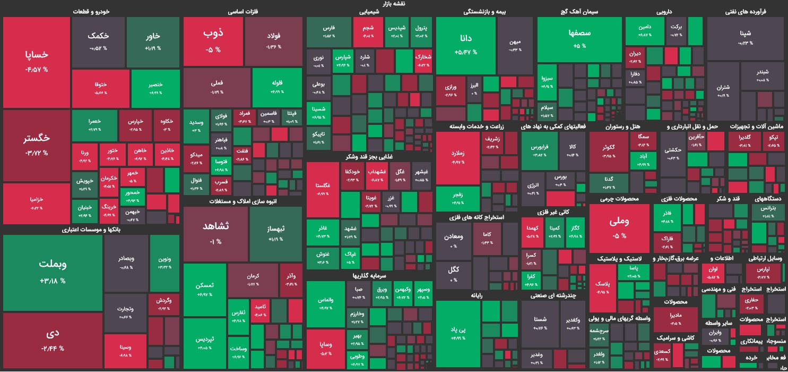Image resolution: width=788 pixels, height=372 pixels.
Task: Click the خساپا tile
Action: click(x=37, y=61)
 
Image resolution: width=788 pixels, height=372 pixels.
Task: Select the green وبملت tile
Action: click(x=53, y=272)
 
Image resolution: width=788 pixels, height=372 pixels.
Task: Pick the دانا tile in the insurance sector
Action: click(x=465, y=45)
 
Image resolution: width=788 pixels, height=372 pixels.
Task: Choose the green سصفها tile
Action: click(x=579, y=39)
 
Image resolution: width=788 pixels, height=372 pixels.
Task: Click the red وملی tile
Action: click(x=619, y=227)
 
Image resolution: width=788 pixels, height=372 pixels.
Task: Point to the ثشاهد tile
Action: click(x=215, y=233)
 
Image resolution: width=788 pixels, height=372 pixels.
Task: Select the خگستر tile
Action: click(x=37, y=145)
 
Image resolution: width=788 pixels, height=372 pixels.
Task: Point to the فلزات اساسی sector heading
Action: click(x=243, y=12)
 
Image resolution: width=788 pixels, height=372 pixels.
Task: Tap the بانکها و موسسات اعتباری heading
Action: click(x=91, y=230)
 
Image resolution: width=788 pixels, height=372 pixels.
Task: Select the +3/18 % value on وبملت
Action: click(x=53, y=281)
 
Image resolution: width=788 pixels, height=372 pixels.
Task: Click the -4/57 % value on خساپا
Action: click(x=37, y=70)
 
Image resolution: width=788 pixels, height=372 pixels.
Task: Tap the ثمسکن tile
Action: click(x=204, y=289)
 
